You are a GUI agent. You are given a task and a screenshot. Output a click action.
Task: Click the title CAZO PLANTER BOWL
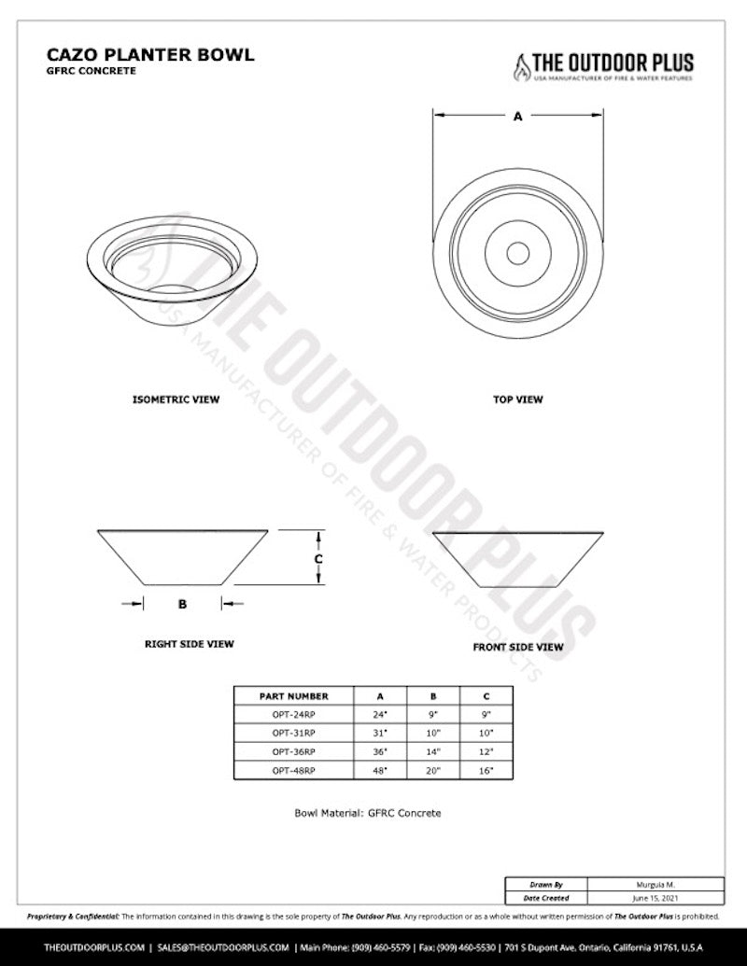pyautogui.click(x=149, y=55)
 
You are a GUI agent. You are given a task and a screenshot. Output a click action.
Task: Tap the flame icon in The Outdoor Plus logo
pyautogui.click(x=518, y=66)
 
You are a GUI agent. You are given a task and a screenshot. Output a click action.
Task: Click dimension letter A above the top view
pyautogui.click(x=517, y=118)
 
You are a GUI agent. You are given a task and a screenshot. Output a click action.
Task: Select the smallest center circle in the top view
pyautogui.click(x=517, y=251)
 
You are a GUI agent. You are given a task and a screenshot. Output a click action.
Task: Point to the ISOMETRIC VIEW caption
pyautogui.click(x=176, y=399)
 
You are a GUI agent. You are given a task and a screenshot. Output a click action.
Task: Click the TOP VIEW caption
pyautogui.click(x=517, y=399)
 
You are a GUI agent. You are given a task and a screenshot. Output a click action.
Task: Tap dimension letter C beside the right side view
pyautogui.click(x=318, y=558)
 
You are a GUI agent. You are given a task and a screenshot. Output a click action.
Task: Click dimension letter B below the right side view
pyautogui.click(x=183, y=604)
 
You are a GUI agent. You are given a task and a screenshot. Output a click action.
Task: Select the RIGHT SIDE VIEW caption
pyautogui.click(x=189, y=644)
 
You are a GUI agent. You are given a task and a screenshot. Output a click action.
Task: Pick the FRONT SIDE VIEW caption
pyautogui.click(x=517, y=646)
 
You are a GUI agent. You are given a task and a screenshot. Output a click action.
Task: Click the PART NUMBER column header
pyautogui.click(x=294, y=696)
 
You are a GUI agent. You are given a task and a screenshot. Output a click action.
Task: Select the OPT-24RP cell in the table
pyautogui.click(x=294, y=715)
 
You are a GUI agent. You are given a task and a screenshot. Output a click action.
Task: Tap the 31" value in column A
pyautogui.click(x=380, y=734)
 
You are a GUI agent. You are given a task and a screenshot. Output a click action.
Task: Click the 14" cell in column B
pyautogui.click(x=432, y=751)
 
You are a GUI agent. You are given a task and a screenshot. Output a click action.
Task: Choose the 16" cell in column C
pyautogui.click(x=486, y=771)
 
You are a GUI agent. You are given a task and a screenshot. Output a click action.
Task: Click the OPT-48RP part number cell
pyautogui.click(x=294, y=771)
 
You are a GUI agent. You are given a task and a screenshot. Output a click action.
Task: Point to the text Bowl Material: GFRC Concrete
pyautogui.click(x=367, y=813)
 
